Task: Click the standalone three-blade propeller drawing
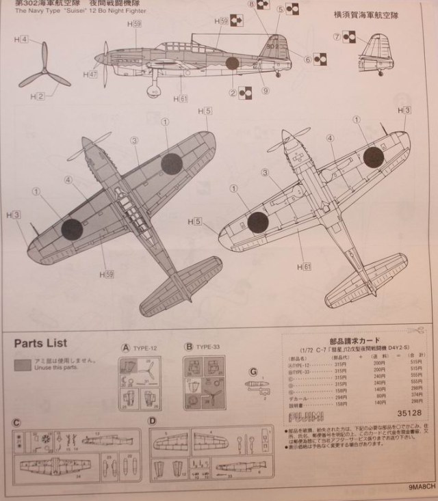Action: click(x=44, y=67)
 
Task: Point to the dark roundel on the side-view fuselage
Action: click(x=232, y=64)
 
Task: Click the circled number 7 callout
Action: click(x=337, y=36)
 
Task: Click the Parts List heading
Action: click(x=40, y=343)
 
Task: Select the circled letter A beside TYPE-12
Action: click(x=125, y=347)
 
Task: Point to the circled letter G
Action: click(x=255, y=372)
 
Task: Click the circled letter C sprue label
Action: click(x=17, y=421)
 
